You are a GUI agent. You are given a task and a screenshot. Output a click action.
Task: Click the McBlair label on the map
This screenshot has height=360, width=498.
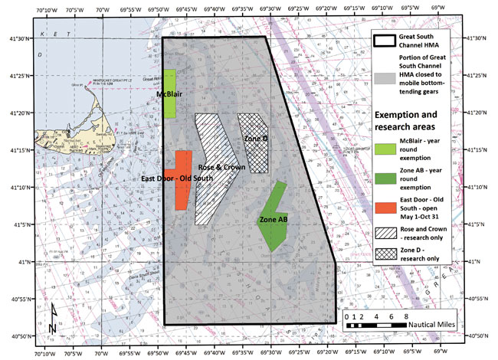pyautogui.click(x=169, y=94)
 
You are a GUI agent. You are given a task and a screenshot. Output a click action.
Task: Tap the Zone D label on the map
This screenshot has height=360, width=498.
pyautogui.click(x=254, y=138)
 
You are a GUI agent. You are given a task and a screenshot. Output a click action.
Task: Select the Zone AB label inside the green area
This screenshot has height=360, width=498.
pyautogui.click(x=273, y=220)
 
